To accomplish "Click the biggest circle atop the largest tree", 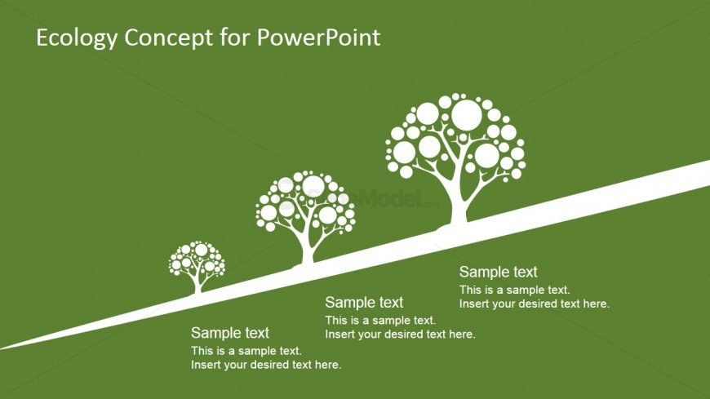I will point(467,114).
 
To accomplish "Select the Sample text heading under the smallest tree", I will point(230,333).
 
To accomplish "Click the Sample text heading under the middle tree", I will point(364,303).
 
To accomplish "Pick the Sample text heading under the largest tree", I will point(498,273).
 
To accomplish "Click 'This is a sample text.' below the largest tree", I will point(514,290).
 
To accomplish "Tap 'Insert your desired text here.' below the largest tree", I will point(534,304).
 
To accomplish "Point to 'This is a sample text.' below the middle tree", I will point(380,321).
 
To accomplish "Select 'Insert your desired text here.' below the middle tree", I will point(400,335).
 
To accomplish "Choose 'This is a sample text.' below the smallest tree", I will point(246,351).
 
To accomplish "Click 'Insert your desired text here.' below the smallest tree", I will point(266,365).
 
